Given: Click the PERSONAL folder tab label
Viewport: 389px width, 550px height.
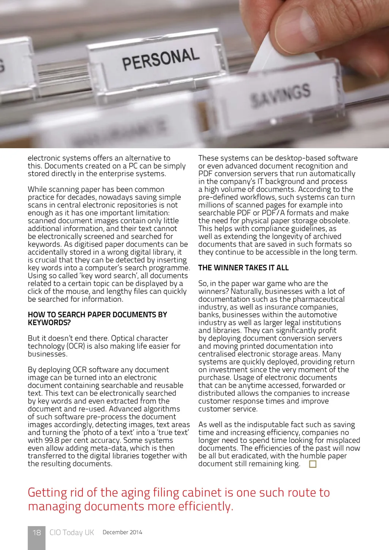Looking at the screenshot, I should point(161,59).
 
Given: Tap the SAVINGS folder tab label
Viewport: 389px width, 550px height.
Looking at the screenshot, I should point(281,95).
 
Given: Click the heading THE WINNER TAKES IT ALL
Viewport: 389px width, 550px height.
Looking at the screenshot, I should point(243,268).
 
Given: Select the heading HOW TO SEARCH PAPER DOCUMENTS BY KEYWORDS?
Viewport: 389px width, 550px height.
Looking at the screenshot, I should point(97,319).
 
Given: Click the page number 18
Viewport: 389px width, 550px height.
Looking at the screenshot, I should point(36,533).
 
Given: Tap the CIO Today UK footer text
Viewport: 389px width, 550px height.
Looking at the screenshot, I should point(72,533).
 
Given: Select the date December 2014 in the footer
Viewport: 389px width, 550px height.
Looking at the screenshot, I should point(122,533).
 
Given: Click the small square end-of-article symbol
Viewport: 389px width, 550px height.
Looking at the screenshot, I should point(313,464).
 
